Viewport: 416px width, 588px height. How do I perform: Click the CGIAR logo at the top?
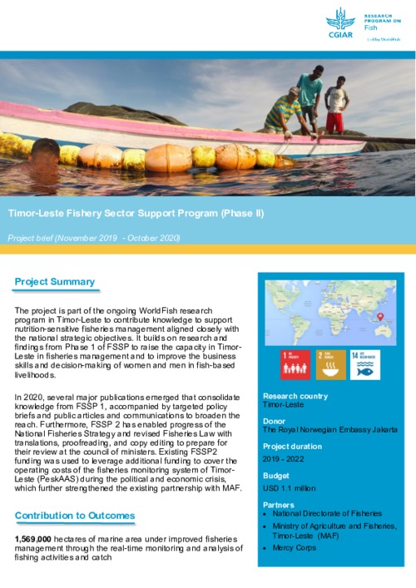coord(340,24)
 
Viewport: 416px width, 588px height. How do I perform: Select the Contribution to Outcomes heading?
coord(74,516)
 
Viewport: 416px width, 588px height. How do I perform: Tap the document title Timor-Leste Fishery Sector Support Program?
coord(135,213)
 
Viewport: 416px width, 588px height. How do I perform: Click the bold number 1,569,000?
coord(33,539)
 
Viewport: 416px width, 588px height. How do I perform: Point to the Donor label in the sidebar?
coord(273,421)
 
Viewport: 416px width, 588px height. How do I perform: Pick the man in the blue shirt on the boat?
coord(310,96)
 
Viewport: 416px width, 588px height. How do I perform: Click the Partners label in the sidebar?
coord(278,504)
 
